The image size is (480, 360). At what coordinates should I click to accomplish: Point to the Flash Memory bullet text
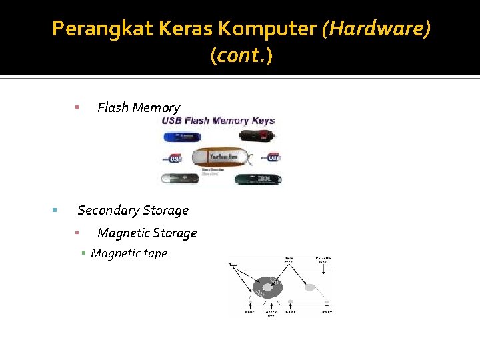139,107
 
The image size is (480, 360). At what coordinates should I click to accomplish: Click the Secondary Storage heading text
133,210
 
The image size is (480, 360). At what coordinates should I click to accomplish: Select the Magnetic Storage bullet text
147,233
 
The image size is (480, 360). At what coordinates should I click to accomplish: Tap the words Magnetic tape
129,253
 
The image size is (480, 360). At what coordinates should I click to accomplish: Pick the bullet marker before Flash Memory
77,107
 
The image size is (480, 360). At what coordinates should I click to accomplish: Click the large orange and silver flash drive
224,157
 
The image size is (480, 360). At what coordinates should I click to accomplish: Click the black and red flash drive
259,137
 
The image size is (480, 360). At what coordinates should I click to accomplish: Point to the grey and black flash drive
180,179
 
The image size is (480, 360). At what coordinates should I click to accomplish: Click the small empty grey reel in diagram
309,287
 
